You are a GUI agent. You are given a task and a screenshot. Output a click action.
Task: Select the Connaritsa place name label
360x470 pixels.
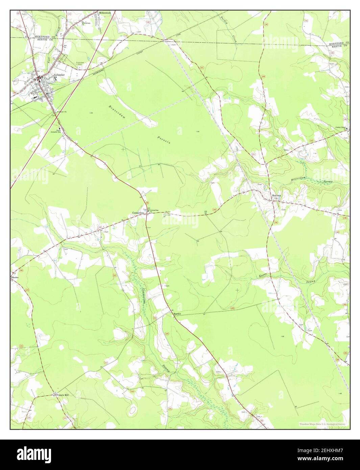(x=139, y=213)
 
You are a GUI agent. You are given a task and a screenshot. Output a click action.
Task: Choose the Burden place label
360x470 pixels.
(x=177, y=314)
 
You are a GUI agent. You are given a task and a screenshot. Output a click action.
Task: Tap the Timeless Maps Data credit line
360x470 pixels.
(x=321, y=424)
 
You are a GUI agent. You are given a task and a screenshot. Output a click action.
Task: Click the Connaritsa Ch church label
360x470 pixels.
(x=154, y=211)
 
